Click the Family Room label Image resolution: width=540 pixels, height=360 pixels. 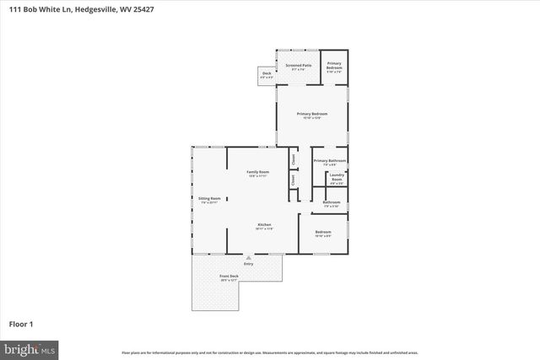coord(257,172)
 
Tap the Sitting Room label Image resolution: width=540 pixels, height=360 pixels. coord(209,198)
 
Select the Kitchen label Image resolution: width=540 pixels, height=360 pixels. coord(264,224)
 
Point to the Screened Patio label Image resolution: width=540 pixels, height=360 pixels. coord(299,65)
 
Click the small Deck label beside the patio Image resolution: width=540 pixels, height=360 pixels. coord(267,74)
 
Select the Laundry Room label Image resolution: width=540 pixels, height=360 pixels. coord(337,178)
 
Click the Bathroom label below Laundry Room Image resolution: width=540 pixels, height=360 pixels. coord(332,201)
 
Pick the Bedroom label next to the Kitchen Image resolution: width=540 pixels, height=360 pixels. coord(323,232)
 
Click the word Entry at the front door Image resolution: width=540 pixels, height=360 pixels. coord(248,264)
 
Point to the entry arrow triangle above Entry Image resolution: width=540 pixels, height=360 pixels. coord(248,258)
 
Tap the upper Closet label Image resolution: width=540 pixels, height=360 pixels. coord(293,157)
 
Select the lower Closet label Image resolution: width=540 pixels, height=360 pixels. coord(293,179)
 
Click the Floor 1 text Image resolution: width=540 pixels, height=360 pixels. coord(20,323)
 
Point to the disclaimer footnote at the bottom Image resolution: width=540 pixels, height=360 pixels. coord(269,352)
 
